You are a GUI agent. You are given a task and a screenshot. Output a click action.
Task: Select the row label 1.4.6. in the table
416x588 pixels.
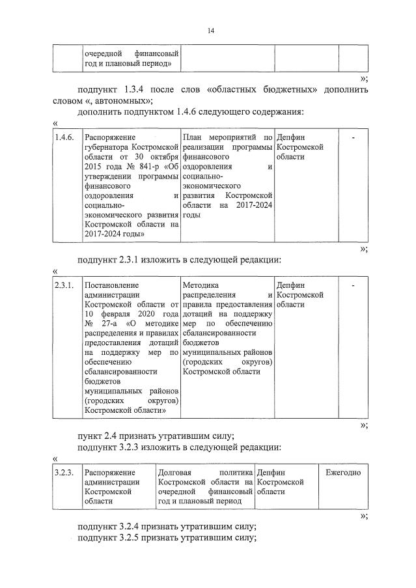[66, 137]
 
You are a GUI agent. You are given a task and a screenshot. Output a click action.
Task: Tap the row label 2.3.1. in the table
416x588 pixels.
[66, 285]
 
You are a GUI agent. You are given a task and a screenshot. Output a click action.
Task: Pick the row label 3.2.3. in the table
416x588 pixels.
[66, 471]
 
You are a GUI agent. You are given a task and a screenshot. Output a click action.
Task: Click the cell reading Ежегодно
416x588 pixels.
[342, 471]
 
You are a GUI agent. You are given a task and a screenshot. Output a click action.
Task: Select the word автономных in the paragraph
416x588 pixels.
[128, 100]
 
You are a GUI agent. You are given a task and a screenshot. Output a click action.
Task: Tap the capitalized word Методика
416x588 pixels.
[201, 285]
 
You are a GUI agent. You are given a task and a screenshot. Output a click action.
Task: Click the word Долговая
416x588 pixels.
[175, 471]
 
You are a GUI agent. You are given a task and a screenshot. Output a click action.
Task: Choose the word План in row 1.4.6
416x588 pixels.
[193, 137]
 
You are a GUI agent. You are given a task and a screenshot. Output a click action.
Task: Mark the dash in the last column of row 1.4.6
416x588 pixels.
[352, 137]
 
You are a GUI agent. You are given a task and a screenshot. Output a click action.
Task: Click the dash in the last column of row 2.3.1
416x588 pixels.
[352, 285]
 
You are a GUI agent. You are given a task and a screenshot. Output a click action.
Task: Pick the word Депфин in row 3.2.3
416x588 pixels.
[272, 471]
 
